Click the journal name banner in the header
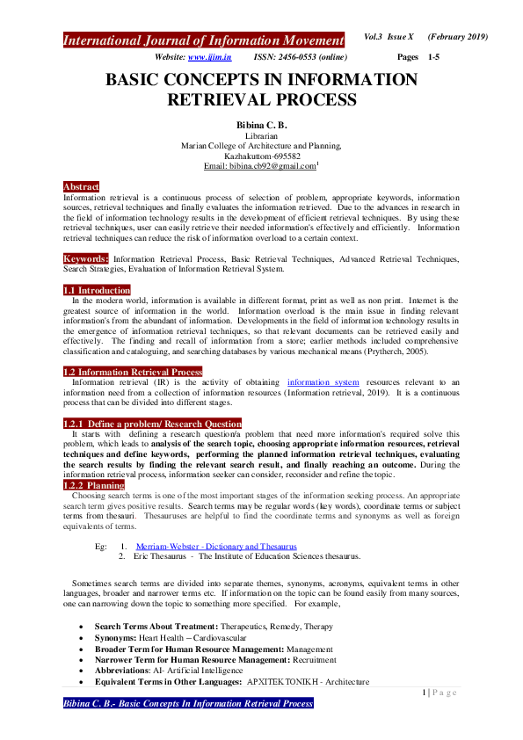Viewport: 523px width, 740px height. coord(203,40)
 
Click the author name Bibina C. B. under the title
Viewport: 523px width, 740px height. coord(261,127)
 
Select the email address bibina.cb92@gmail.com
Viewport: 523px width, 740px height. coord(258,165)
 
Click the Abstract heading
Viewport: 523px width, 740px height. coord(81,186)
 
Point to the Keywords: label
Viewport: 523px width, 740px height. coord(86,259)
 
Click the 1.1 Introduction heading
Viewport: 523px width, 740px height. coord(97,290)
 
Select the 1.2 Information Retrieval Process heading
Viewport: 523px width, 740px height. coord(132,372)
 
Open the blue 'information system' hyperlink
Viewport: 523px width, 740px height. coord(323,383)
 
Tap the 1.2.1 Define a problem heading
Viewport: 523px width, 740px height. coord(151,424)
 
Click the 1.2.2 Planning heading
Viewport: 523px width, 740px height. coord(93,485)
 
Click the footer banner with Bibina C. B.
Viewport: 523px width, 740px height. coord(188,705)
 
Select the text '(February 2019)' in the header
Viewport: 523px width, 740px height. coord(457,36)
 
